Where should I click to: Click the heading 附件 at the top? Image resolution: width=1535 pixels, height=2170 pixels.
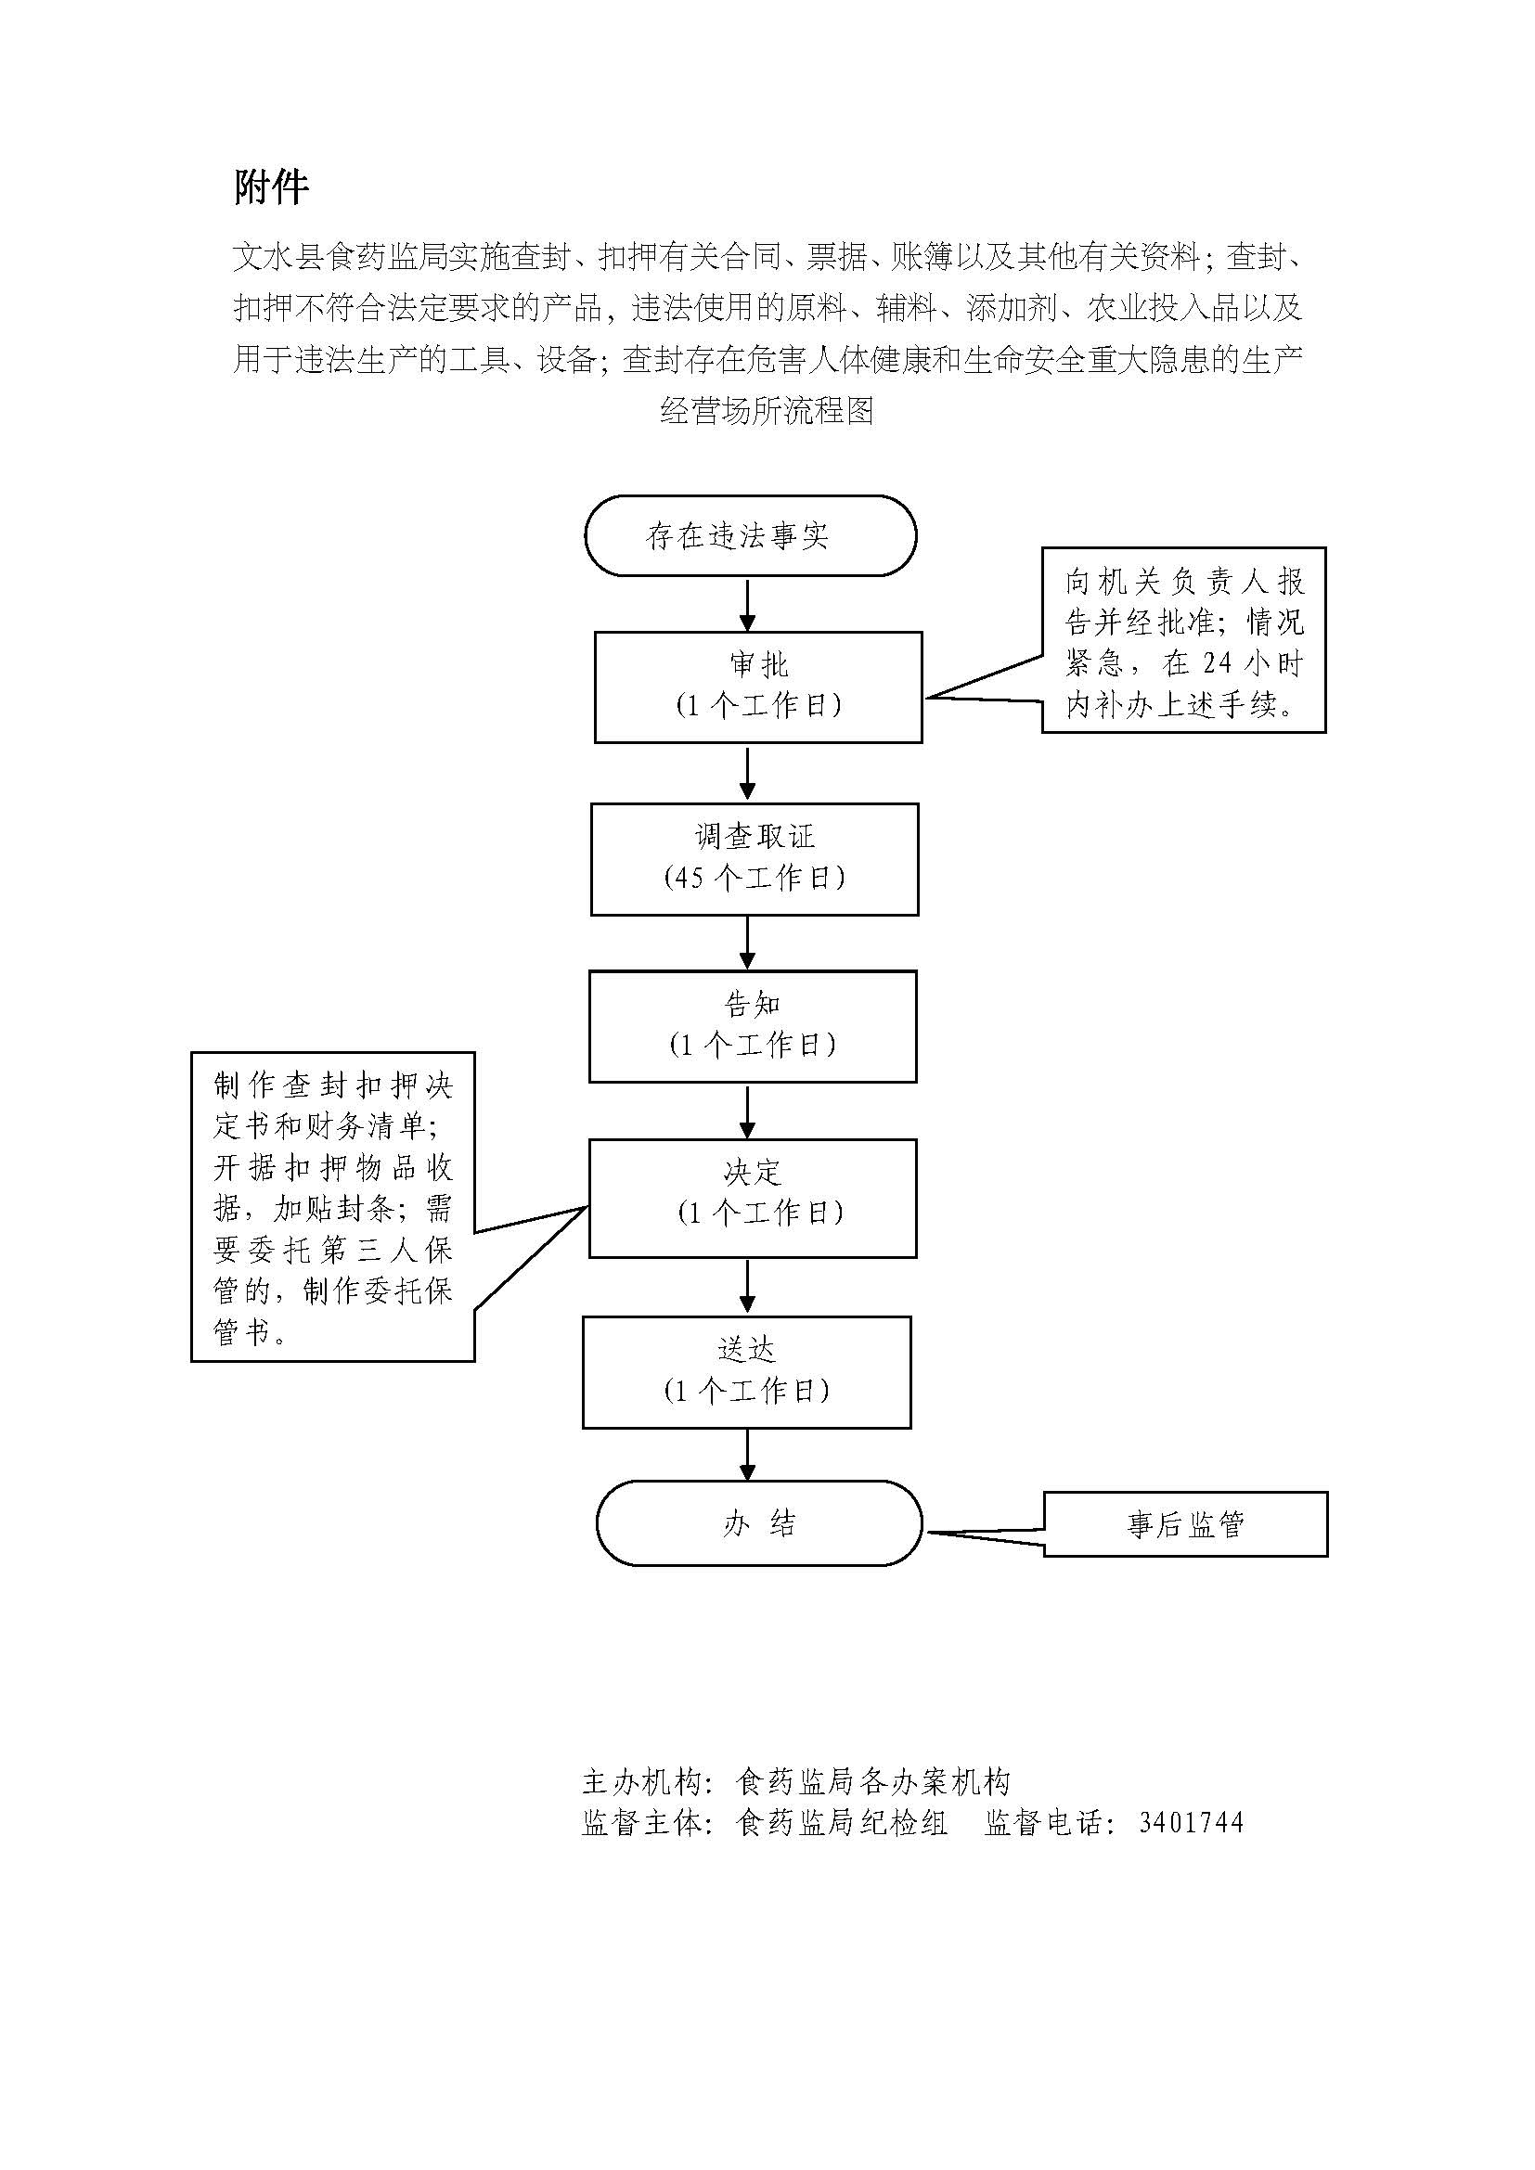[x=271, y=187]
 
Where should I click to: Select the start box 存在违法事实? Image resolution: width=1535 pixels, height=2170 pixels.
[x=751, y=536]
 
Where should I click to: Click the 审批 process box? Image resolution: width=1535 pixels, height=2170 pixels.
[x=758, y=687]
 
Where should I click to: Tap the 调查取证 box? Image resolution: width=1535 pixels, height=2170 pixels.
[x=755, y=859]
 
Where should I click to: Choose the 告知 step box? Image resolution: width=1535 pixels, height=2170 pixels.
[x=753, y=1026]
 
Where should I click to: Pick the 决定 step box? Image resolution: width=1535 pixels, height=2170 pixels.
[x=753, y=1198]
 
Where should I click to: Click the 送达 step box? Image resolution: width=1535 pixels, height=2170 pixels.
[x=747, y=1371]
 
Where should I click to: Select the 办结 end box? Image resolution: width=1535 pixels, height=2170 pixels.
[x=759, y=1522]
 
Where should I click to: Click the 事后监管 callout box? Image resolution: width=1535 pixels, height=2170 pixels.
[x=1185, y=1523]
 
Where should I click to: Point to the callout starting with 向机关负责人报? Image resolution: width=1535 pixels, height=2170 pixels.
[x=1183, y=640]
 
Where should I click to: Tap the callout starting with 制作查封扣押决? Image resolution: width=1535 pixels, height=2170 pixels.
[x=333, y=1206]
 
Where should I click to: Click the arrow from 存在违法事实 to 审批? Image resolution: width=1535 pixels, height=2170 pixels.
[x=748, y=605]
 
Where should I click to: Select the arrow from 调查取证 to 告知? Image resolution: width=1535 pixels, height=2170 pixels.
[x=748, y=944]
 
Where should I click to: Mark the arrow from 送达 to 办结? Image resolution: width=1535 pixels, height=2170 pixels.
[x=748, y=1455]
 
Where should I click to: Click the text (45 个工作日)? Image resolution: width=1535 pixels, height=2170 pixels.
[x=755, y=878]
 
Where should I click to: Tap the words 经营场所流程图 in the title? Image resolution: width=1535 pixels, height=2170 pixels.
[x=767, y=410]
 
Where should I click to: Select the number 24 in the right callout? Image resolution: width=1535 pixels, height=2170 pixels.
[x=1218, y=662]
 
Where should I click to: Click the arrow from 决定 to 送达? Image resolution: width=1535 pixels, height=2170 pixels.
[x=748, y=1288]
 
